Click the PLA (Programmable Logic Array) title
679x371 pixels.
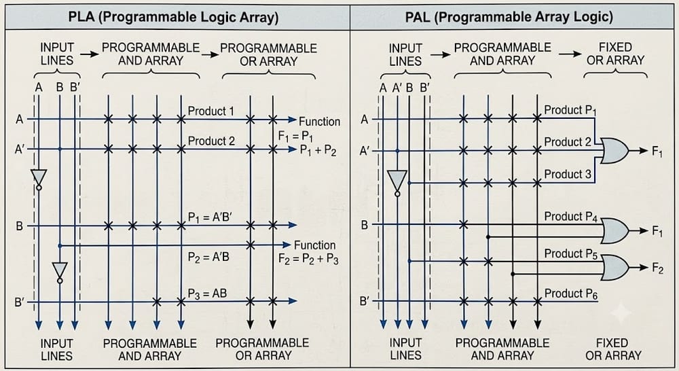tap(173, 17)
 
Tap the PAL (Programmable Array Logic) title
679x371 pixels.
tap(509, 17)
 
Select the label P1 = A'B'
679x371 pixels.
tap(210, 217)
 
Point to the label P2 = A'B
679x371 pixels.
tap(208, 257)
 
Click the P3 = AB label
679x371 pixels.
tap(207, 294)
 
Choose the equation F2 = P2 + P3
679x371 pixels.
tap(308, 260)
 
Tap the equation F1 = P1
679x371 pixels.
tap(296, 137)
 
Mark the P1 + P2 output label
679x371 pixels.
tap(318, 150)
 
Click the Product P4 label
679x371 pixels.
tap(571, 217)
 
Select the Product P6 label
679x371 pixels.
tap(571, 294)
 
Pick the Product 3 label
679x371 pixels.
tap(567, 174)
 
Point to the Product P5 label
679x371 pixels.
tap(571, 254)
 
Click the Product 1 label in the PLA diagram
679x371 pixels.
tap(211, 111)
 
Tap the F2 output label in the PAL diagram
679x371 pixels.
tap(657, 268)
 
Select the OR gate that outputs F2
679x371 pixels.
tap(615, 268)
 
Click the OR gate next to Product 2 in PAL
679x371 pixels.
tap(615, 150)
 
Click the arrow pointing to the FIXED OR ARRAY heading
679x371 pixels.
tap(570, 54)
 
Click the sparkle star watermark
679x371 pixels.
tap(621, 313)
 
